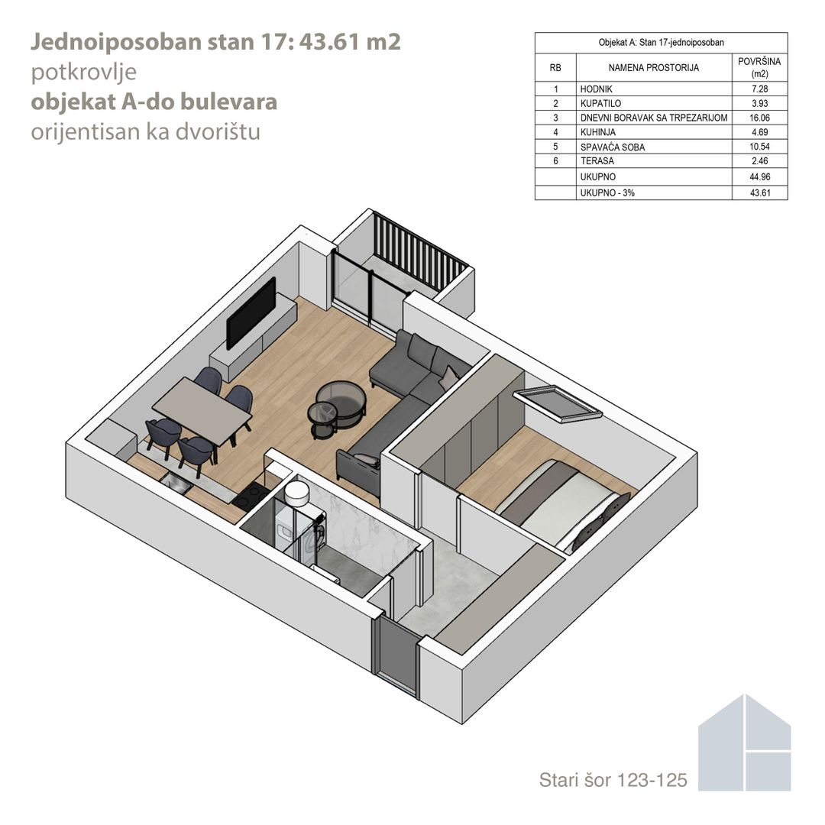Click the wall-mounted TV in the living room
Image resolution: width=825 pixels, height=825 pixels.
251,313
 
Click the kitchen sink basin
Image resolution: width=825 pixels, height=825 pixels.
175,482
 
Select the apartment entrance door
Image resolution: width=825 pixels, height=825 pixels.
396,655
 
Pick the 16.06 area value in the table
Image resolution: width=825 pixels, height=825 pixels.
759,118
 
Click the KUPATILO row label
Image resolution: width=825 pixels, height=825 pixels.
600,104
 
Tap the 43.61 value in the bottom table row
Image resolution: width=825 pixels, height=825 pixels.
760,193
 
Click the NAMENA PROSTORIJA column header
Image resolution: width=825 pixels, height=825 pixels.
653,68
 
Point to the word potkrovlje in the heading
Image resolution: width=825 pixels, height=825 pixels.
84,73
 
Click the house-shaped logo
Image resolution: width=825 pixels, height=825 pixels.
745,743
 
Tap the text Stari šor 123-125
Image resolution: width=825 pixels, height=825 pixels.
613,780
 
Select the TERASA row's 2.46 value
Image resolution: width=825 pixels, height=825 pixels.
760,161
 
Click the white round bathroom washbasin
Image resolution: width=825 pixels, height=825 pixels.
297,493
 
